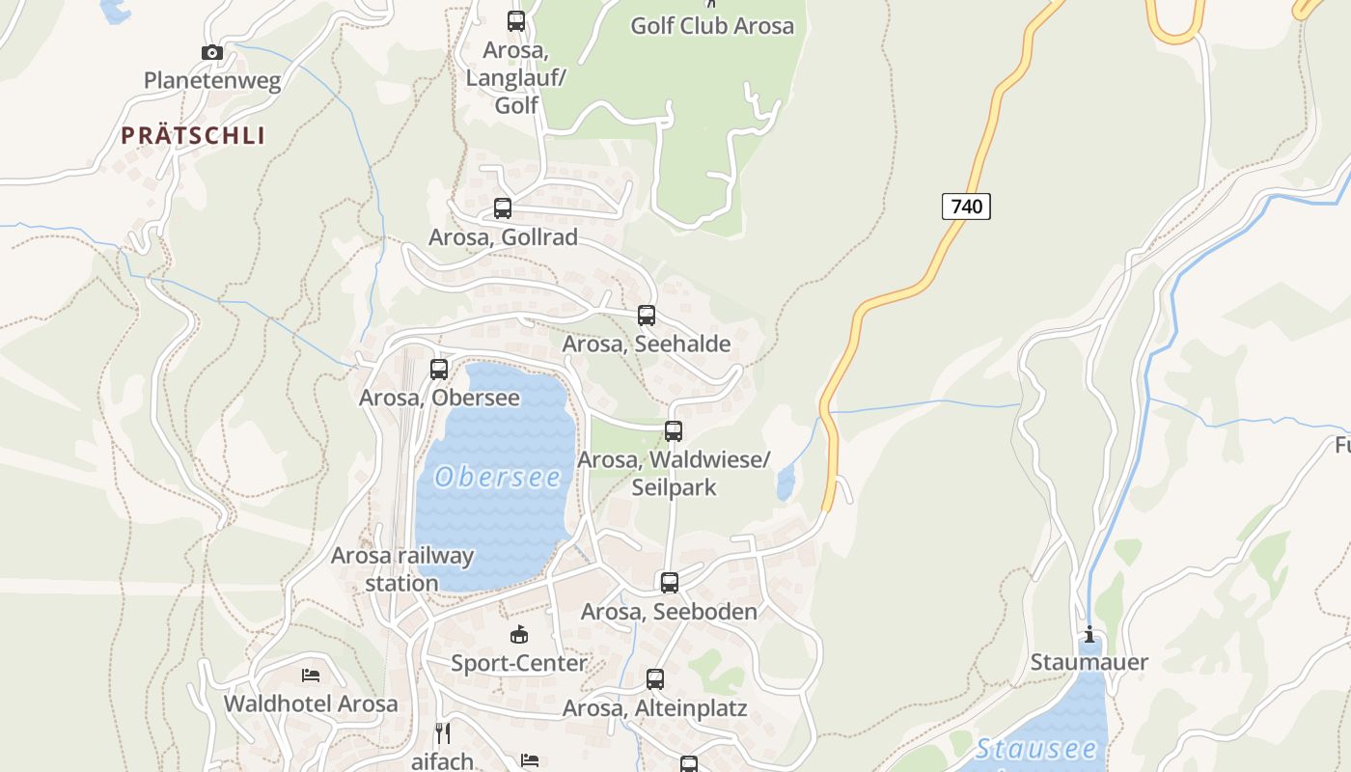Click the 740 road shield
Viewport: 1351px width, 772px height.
click(x=966, y=206)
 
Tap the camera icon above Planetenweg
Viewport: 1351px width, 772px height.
click(x=212, y=52)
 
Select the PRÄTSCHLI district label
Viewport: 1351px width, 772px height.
click(x=193, y=135)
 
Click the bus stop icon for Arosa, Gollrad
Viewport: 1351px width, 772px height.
click(x=502, y=207)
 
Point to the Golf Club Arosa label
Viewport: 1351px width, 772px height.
click(x=712, y=26)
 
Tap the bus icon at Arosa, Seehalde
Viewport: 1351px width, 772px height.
click(x=647, y=315)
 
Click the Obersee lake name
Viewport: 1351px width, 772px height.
click(x=498, y=477)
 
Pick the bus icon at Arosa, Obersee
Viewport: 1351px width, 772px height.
click(x=439, y=369)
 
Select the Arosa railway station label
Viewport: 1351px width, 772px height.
click(x=402, y=569)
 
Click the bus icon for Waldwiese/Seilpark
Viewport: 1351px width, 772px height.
click(x=674, y=430)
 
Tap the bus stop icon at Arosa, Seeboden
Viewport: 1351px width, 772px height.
click(x=669, y=582)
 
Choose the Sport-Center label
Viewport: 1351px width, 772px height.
click(x=519, y=663)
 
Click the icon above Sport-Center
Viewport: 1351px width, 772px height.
click(x=519, y=634)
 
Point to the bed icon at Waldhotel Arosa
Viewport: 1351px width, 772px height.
click(x=310, y=675)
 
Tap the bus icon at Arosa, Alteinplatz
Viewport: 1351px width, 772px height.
click(x=655, y=679)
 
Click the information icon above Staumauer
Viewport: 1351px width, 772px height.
click(x=1089, y=634)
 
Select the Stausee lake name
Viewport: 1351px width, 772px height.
click(x=1036, y=749)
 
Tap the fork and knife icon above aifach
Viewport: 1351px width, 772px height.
click(x=442, y=732)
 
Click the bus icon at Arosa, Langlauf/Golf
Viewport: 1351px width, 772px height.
click(x=516, y=20)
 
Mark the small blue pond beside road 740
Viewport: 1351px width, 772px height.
click(x=786, y=482)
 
